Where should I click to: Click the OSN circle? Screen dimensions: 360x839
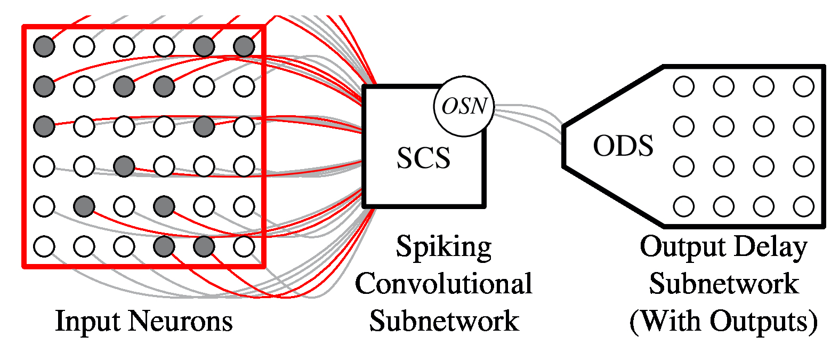pyautogui.click(x=464, y=106)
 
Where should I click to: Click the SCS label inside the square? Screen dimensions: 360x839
pyautogui.click(x=423, y=158)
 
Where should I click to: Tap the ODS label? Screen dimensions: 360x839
pyautogui.click(x=623, y=146)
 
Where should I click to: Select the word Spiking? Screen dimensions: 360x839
pyautogui.click(x=443, y=247)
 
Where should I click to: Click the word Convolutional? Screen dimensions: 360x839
pyautogui.click(x=443, y=283)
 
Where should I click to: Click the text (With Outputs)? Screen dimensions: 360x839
pyautogui.click(x=723, y=321)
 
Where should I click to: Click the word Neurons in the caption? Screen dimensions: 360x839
pyautogui.click(x=181, y=321)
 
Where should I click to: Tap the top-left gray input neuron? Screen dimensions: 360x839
pyautogui.click(x=44, y=46)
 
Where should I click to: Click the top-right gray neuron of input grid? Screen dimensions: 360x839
pyautogui.click(x=244, y=46)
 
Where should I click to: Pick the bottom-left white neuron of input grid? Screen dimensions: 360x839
pyautogui.click(x=44, y=246)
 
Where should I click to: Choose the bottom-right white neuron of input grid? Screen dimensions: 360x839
pyautogui.click(x=244, y=246)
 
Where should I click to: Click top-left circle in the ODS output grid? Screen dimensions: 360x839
pyautogui.click(x=684, y=86)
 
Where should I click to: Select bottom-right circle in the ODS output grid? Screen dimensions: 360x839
pyautogui.click(x=803, y=206)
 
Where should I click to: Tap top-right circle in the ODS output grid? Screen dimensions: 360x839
pyautogui.click(x=803, y=86)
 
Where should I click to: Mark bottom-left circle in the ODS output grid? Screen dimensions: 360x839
pyautogui.click(x=684, y=206)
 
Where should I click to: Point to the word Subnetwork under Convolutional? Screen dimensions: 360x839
pyautogui.click(x=443, y=321)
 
